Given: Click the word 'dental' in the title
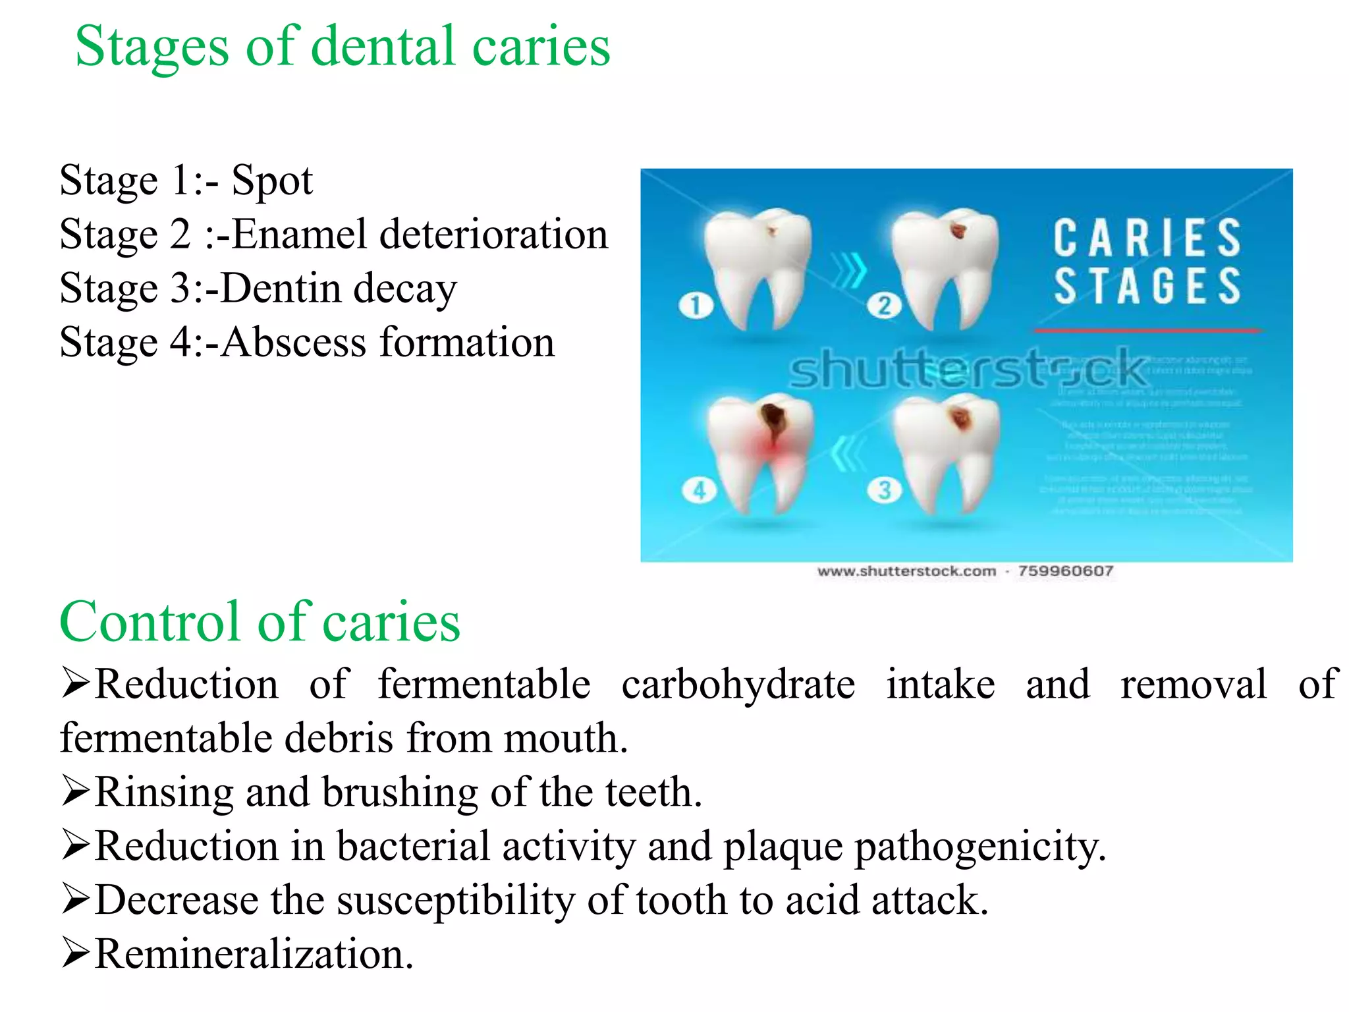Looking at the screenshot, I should [x=383, y=46].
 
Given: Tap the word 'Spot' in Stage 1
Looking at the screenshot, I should [x=272, y=181].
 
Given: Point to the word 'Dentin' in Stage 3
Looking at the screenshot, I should [x=279, y=289].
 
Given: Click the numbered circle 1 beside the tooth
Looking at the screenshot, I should [x=696, y=305].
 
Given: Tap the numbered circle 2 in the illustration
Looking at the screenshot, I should [x=884, y=305].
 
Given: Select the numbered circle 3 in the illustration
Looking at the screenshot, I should [x=884, y=490].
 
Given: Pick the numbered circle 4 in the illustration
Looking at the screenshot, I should [x=699, y=490].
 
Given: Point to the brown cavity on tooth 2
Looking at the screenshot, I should [x=959, y=231].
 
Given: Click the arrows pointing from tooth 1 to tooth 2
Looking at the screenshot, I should [x=849, y=270].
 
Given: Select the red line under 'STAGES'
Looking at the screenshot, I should [x=1147, y=330].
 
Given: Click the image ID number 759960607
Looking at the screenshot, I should [x=1065, y=571].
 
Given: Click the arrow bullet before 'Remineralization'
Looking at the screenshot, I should [x=75, y=954].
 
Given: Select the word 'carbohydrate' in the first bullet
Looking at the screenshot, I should [x=738, y=684].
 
